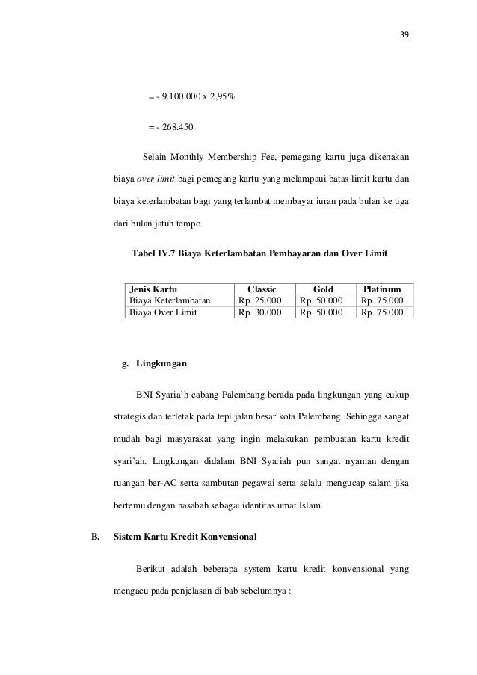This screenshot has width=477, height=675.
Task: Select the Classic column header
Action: (262, 289)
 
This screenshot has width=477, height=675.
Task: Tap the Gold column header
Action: (323, 289)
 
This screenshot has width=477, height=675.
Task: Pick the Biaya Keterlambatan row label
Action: (170, 300)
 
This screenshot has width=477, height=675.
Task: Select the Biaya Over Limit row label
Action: (163, 313)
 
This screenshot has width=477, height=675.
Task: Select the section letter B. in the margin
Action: (95, 536)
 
